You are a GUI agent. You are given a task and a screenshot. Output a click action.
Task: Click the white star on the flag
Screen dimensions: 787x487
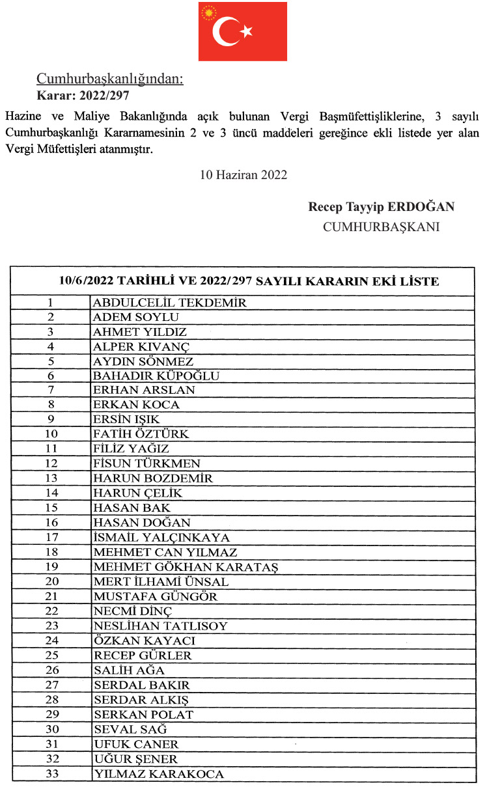tap(246, 31)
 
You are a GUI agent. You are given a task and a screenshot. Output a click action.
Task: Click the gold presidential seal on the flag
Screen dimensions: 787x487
tap(209, 13)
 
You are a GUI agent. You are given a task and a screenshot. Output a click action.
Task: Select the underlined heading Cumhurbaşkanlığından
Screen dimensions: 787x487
tap(110, 79)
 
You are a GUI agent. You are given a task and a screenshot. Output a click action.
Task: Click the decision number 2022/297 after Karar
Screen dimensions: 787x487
tap(104, 95)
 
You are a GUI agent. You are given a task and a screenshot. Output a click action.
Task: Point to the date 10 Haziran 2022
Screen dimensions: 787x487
tap(243, 175)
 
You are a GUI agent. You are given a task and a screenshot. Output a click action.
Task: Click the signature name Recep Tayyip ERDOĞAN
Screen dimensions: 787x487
tap(381, 207)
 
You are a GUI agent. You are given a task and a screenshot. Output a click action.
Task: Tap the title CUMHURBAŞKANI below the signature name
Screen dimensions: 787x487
tap(381, 227)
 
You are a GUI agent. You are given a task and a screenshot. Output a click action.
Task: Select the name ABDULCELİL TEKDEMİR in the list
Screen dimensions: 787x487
tap(170, 303)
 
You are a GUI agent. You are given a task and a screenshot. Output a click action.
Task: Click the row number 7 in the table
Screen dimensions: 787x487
tap(50, 390)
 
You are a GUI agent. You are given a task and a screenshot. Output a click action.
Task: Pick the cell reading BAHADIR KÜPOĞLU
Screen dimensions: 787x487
tap(156, 376)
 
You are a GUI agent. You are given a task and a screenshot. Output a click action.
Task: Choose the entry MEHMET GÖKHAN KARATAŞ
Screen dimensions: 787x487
tap(186, 567)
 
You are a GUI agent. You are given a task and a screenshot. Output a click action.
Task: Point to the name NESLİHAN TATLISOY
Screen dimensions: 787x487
tap(160, 626)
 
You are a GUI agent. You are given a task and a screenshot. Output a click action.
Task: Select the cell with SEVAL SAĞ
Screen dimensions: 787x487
tap(130, 729)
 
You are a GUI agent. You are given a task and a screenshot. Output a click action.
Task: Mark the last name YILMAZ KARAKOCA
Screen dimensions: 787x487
tap(158, 774)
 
